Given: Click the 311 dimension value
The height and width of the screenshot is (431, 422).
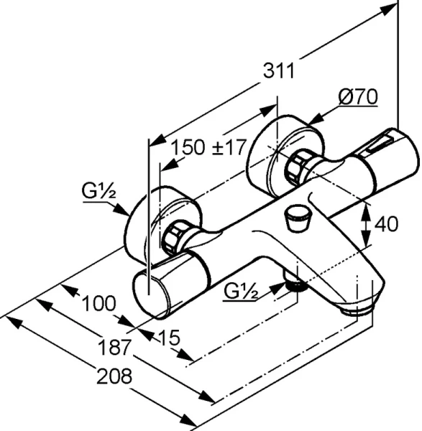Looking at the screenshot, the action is click(279, 70).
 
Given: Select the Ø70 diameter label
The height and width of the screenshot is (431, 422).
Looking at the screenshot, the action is click(358, 96).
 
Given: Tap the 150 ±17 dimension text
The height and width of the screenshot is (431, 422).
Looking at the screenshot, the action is click(208, 147).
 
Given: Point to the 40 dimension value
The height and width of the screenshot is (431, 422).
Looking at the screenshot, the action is click(386, 223).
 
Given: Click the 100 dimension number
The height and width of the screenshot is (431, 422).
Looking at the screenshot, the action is click(99, 304).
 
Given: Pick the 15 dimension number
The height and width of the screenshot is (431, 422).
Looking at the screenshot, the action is click(169, 338).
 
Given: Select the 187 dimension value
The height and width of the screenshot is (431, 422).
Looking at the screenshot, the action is click(114, 348).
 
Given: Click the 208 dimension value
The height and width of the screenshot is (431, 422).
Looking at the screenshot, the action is click(114, 376).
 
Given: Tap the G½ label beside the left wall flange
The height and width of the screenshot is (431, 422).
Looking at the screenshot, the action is click(98, 191).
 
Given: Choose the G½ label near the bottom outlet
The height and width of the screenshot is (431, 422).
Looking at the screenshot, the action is click(241, 292).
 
